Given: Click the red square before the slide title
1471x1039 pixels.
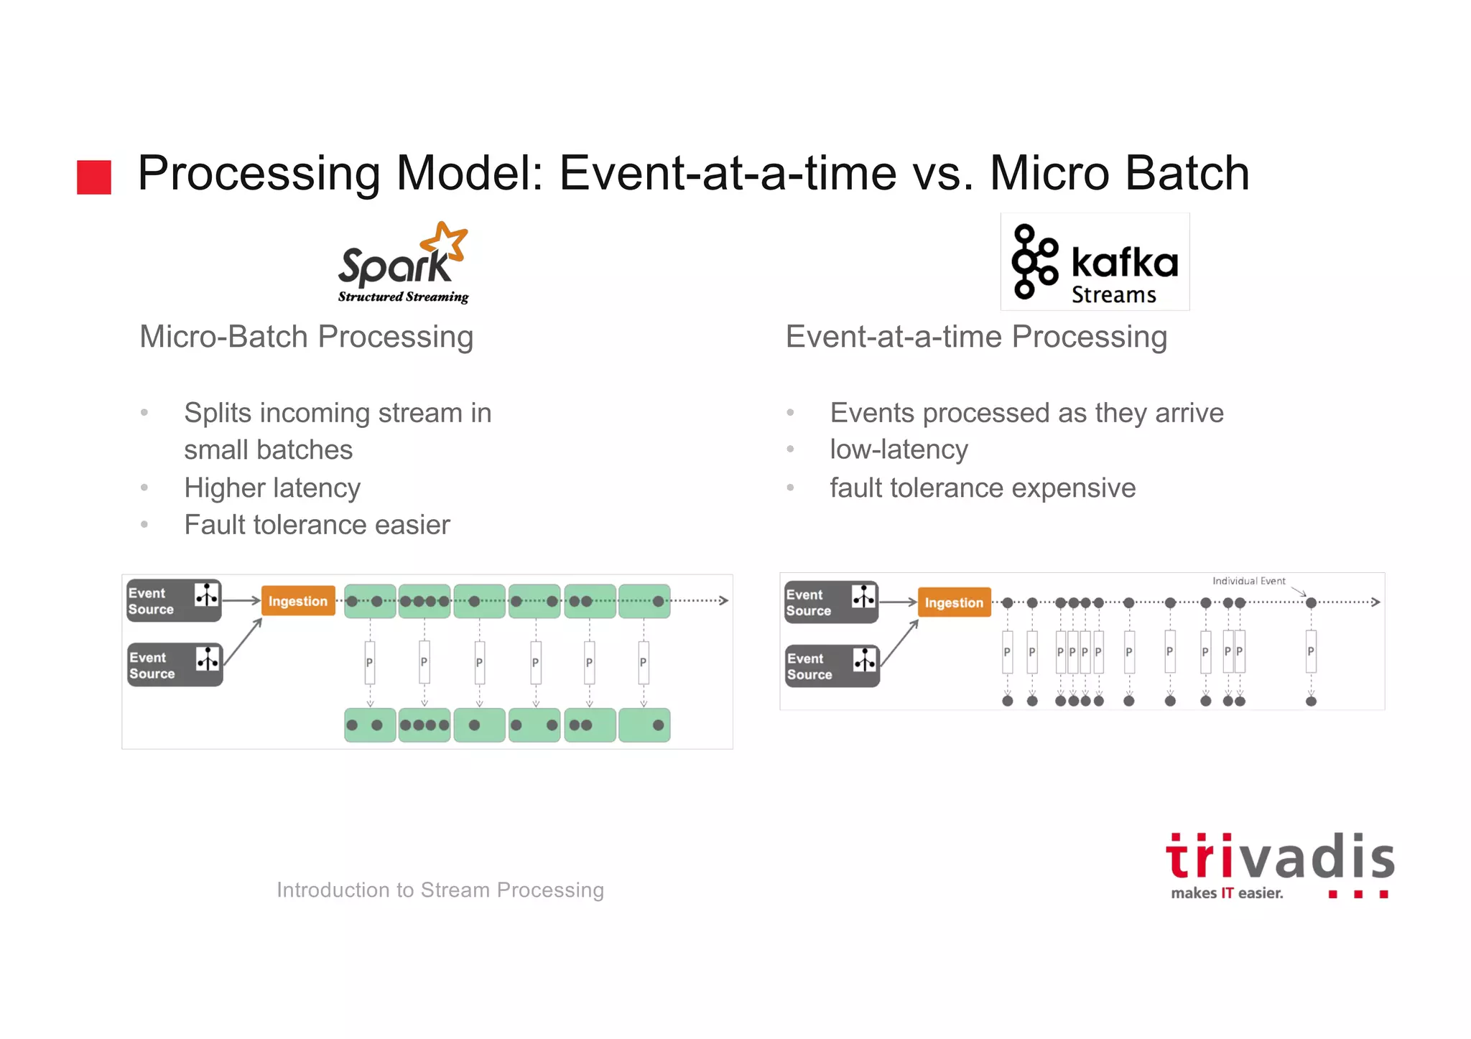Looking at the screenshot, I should point(94,177).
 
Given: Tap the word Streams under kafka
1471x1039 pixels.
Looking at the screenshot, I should point(1113,295).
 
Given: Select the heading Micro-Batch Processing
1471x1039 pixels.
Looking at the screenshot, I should point(307,337).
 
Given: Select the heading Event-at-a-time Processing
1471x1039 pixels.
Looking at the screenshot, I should point(976,337).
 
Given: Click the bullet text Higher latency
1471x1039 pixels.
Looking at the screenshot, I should point(272,488).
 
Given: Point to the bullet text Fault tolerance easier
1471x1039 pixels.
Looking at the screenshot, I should point(317,525).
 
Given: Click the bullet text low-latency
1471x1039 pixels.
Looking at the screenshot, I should point(899,449).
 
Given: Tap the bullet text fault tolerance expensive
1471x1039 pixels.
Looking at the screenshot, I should point(983,488).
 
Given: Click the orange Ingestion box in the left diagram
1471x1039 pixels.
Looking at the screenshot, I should point(298,601).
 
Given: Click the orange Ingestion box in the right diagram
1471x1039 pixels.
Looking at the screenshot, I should point(954,602).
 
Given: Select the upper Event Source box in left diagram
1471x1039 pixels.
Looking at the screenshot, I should point(173,601).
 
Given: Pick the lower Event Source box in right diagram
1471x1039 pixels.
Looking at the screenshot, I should point(832,666).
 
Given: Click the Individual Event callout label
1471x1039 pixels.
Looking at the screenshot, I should point(1248,581).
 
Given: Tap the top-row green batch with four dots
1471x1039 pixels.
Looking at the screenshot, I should point(424,602).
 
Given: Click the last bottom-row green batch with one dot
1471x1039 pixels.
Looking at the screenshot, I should point(644,725).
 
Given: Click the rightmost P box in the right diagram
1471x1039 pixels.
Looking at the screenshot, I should point(1311,651).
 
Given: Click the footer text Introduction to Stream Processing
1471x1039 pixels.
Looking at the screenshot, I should point(440,890).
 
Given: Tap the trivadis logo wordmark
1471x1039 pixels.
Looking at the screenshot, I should point(1279,857).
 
